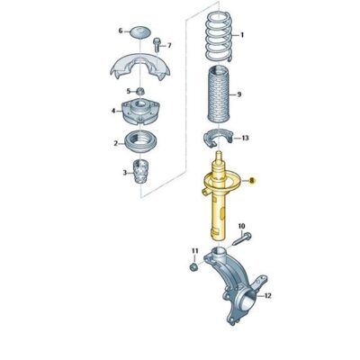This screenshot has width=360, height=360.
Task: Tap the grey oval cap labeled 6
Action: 141,32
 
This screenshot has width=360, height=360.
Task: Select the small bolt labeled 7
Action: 157,44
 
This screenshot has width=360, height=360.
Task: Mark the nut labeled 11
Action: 194,266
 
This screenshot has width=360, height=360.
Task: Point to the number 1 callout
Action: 241,34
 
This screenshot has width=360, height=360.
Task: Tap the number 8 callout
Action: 255,180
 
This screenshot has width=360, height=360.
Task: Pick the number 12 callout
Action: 268,293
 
